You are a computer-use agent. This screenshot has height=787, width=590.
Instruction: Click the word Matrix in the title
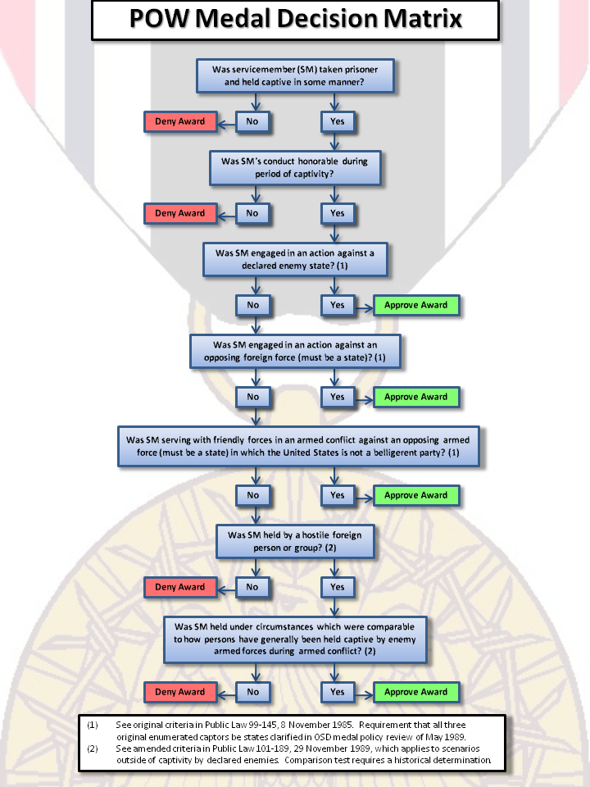(x=423, y=18)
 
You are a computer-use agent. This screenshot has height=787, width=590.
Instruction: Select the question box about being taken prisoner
(x=295, y=75)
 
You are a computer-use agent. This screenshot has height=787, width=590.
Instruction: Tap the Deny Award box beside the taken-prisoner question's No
(x=180, y=121)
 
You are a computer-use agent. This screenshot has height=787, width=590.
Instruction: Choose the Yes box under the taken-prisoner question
(x=338, y=121)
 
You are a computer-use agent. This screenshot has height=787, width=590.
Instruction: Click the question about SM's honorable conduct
(x=295, y=167)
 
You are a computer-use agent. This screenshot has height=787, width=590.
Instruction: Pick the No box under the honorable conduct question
(x=252, y=213)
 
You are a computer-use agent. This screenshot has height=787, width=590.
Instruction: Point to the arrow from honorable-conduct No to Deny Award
(x=227, y=216)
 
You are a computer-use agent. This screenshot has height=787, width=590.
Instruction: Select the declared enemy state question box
(x=295, y=260)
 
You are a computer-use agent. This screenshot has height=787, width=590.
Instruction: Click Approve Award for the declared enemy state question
(x=416, y=305)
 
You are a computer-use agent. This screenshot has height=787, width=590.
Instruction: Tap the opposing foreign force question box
(x=295, y=352)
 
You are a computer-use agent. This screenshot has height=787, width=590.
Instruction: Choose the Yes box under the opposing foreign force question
(x=338, y=397)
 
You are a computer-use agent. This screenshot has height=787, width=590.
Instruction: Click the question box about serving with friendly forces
(x=298, y=446)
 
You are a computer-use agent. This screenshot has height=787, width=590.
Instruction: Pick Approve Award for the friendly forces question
(x=416, y=495)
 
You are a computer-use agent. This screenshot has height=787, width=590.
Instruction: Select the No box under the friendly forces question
(x=252, y=495)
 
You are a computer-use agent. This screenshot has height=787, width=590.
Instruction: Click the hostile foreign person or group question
(x=295, y=542)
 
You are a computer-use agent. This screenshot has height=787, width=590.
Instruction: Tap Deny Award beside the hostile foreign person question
(x=180, y=587)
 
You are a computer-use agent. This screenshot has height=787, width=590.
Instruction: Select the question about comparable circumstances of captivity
(x=295, y=639)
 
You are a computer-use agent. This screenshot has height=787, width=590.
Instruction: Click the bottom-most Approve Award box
(x=416, y=692)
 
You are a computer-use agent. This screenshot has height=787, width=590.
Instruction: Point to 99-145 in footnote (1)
(x=263, y=725)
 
